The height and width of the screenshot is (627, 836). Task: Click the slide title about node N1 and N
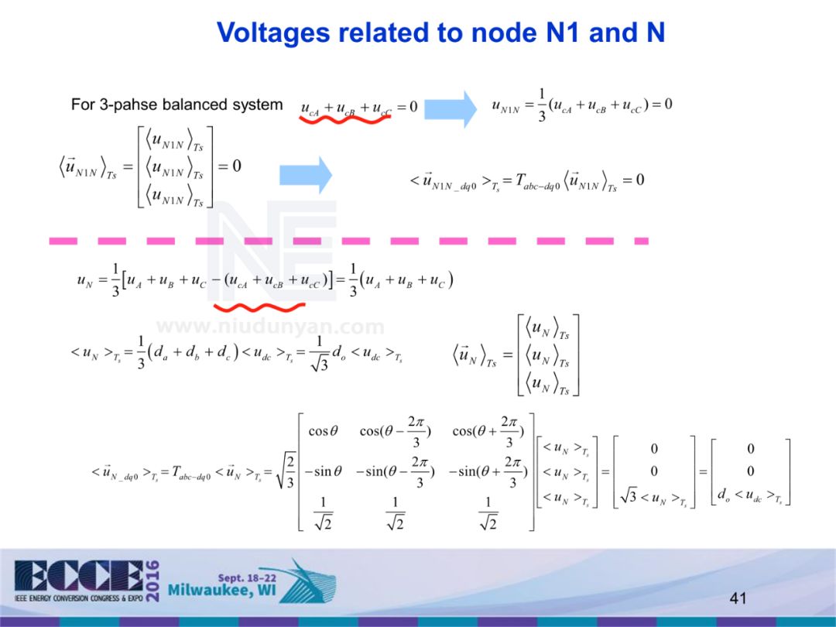coord(440,33)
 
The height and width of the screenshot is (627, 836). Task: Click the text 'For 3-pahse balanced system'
coord(176,104)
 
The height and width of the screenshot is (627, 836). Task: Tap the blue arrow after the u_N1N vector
coord(305,176)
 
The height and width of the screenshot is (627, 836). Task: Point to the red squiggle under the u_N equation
coord(259,306)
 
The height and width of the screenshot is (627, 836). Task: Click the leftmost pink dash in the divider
coord(63,241)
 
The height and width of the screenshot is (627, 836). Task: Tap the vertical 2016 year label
coord(153,579)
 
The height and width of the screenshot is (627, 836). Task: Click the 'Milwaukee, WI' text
coord(221,593)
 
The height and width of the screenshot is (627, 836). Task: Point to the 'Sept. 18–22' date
coord(242,577)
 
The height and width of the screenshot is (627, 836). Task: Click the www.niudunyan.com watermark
coord(270,327)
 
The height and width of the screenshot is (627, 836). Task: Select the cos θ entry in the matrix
coord(323,431)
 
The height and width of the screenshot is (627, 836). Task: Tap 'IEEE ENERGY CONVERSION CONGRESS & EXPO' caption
coord(77,598)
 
